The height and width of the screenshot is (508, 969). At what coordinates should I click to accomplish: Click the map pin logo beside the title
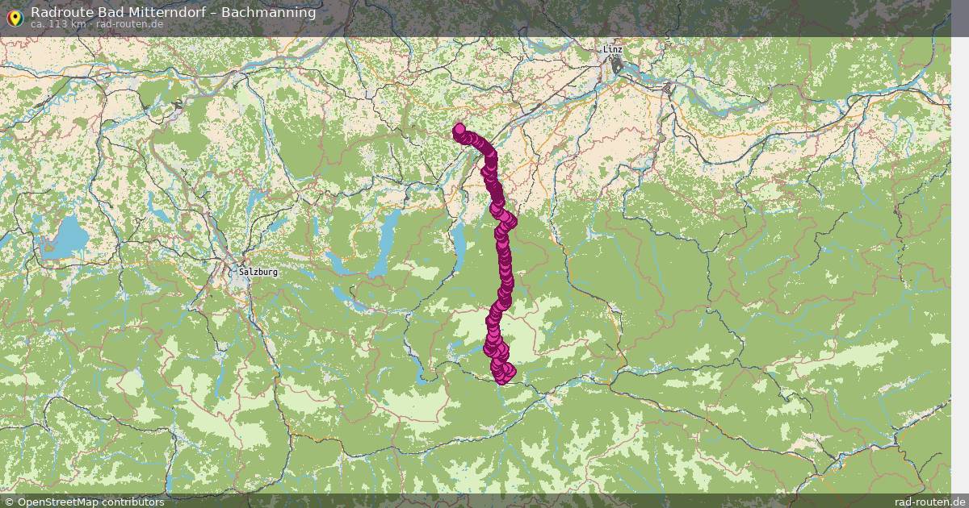(x=14, y=16)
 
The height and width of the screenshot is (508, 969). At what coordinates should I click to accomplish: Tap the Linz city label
(x=613, y=50)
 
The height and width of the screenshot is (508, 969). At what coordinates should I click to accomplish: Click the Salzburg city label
(x=258, y=272)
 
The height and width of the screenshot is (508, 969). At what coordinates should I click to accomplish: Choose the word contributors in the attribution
(x=135, y=502)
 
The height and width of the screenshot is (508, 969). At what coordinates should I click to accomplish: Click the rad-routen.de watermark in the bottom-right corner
(x=930, y=502)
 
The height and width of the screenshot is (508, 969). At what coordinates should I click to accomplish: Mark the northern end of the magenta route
(x=459, y=128)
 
